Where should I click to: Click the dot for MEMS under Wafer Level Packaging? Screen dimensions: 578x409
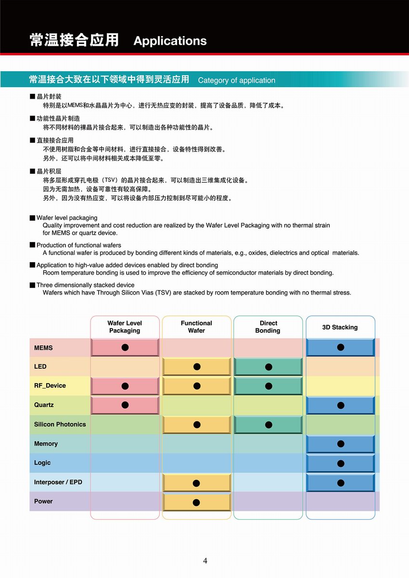pyautogui.click(x=125, y=347)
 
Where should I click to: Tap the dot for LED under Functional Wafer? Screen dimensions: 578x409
pyautogui.click(x=197, y=367)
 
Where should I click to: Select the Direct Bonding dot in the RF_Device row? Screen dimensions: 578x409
pyautogui.click(x=268, y=386)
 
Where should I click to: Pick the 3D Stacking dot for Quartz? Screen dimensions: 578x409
pyautogui.click(x=341, y=405)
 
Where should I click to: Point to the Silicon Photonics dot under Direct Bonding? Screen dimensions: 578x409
pyautogui.click(x=268, y=424)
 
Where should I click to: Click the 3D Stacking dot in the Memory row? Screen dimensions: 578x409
pyautogui.click(x=341, y=444)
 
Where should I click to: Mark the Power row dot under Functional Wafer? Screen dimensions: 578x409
pyautogui.click(x=196, y=502)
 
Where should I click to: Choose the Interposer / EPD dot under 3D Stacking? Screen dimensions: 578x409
pyautogui.click(x=341, y=483)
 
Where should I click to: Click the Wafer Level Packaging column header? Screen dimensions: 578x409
pyautogui.click(x=125, y=327)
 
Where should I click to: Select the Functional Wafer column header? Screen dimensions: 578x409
pyautogui.click(x=196, y=327)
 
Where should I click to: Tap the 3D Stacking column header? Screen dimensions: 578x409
pyautogui.click(x=340, y=327)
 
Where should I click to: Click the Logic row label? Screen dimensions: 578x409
pyautogui.click(x=42, y=463)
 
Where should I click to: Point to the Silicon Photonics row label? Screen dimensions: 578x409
pyautogui.click(x=60, y=424)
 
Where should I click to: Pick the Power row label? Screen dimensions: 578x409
pyautogui.click(x=43, y=501)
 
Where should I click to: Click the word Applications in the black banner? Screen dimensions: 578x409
pyautogui.click(x=170, y=41)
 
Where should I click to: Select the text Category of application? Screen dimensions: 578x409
pyautogui.click(x=236, y=80)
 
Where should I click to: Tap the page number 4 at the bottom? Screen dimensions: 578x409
pyautogui.click(x=205, y=561)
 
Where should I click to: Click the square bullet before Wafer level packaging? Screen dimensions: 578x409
pyautogui.click(x=32, y=218)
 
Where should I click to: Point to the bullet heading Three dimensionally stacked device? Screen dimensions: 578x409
pyautogui.click(x=85, y=285)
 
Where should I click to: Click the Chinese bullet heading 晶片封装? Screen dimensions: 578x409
pyautogui.click(x=49, y=97)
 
